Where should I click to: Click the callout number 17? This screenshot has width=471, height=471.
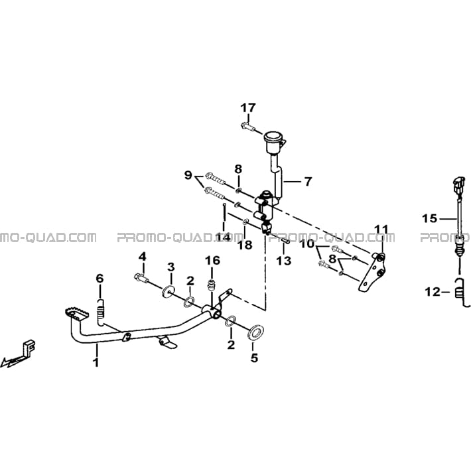click(x=248, y=108)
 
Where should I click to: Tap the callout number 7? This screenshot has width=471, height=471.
click(x=308, y=181)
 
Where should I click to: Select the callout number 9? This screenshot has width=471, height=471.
click(x=188, y=175)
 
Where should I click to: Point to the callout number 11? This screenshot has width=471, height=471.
click(x=381, y=230)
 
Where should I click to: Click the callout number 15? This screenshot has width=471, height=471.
click(x=430, y=218)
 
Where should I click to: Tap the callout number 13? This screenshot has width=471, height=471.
click(x=284, y=261)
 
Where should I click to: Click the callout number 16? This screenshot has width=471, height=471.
click(x=213, y=261)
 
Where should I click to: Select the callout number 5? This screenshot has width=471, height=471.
click(x=255, y=358)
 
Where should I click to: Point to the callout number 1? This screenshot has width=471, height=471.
click(x=96, y=362)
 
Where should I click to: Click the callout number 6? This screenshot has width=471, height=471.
click(x=100, y=279)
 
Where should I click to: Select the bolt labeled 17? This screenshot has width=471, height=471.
click(x=247, y=126)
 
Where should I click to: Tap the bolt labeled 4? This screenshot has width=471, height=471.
click(x=141, y=277)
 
